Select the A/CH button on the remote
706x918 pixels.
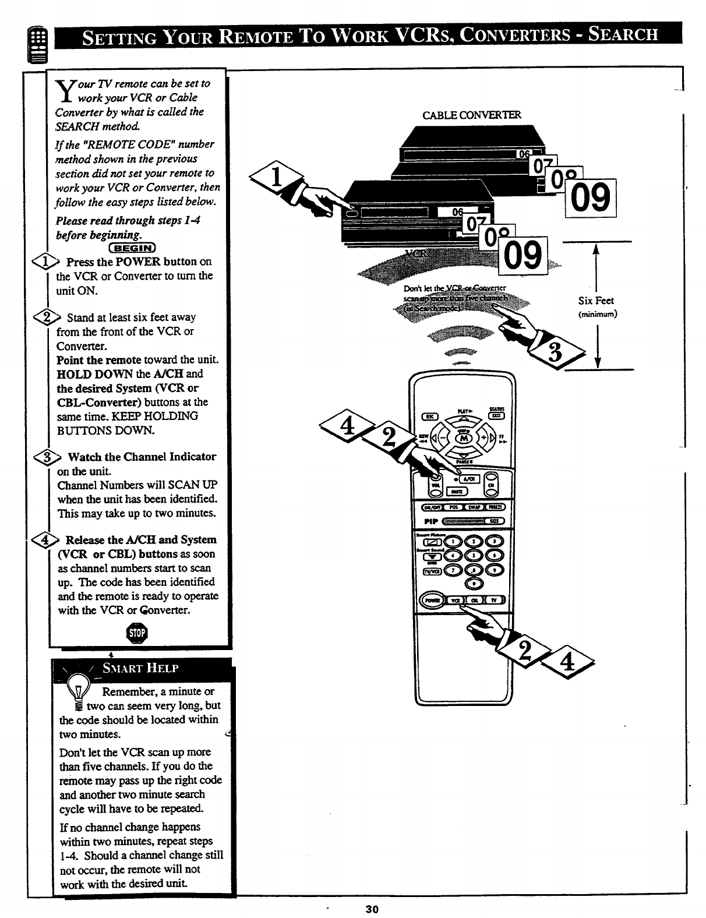point(469,478)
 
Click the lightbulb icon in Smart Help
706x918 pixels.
point(78,687)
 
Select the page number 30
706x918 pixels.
point(372,909)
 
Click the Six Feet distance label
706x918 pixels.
point(596,301)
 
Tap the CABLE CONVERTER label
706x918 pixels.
point(472,115)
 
